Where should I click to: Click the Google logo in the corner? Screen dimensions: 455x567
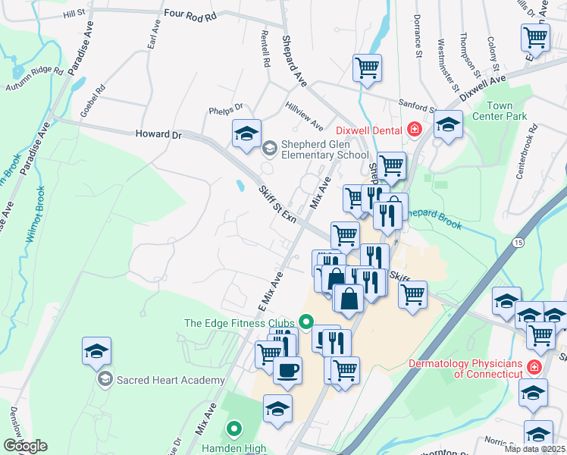pyautogui.click(x=25, y=446)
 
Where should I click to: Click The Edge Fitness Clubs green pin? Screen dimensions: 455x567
pyautogui.click(x=306, y=322)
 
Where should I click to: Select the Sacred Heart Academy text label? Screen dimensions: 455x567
pyautogui.click(x=171, y=380)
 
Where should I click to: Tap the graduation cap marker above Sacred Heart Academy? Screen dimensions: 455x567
pyautogui.click(x=97, y=351)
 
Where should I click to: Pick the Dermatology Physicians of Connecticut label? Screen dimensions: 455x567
pyautogui.click(x=465, y=369)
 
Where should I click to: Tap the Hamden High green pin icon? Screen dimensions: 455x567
pyautogui.click(x=234, y=430)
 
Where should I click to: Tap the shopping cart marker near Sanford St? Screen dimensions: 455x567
pyautogui.click(x=368, y=67)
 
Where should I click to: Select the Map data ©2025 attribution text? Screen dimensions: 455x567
pyautogui.click(x=534, y=449)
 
